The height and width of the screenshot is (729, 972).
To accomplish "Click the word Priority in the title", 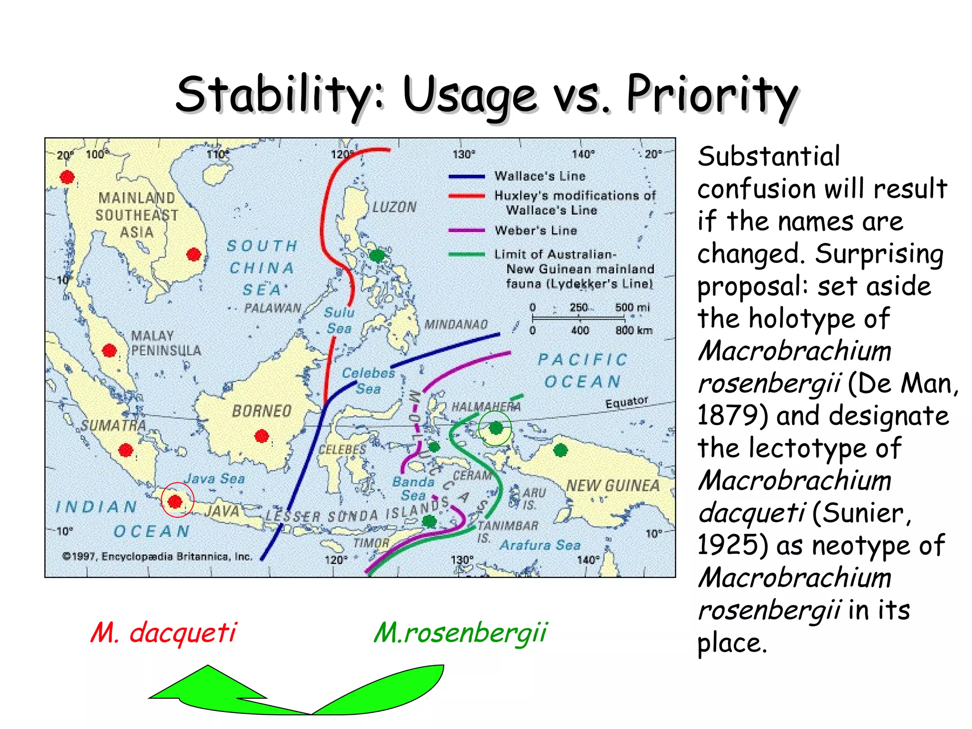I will point(712,95).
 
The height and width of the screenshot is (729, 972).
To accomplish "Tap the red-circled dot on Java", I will point(175,501).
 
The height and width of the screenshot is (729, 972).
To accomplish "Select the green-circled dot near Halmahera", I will point(495,428).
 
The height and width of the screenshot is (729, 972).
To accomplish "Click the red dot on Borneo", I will point(262,436).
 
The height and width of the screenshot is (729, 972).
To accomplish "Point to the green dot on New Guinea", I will point(561,450).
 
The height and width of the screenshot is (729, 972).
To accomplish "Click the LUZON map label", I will point(394,207).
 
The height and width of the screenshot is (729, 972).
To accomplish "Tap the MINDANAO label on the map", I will point(456,325).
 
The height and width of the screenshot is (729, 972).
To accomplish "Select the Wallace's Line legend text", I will point(540,177).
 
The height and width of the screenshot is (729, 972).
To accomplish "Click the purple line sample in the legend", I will point(467,231).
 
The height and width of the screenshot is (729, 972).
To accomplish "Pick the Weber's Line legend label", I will point(535,231).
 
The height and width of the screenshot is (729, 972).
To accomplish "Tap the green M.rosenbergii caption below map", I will point(460,633).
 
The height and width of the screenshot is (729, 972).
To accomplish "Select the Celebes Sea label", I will point(368,381).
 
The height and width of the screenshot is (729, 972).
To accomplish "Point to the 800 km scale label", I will point(634,330).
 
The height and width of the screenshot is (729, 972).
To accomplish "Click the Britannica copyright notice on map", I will point(158,557).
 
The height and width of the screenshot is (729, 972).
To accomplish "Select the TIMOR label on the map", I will point(371,543).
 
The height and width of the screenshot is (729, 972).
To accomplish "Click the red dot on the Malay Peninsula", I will point(110,351).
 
